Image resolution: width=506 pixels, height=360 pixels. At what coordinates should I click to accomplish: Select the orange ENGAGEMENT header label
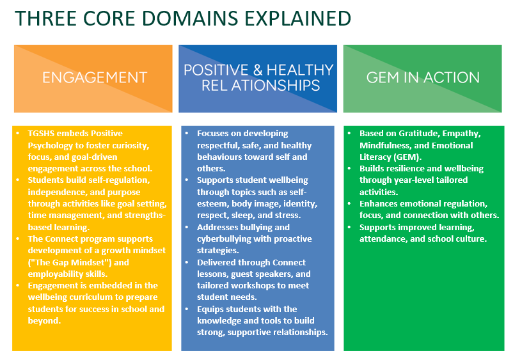[x=95, y=77]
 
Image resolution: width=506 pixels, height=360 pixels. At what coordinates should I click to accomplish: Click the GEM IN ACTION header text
[x=423, y=77]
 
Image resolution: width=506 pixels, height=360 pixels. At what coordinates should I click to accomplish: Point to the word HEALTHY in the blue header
[x=301, y=70]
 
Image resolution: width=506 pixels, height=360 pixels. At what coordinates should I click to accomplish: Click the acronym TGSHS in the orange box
[x=42, y=134]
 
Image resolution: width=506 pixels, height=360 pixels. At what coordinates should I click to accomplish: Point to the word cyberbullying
[x=226, y=239]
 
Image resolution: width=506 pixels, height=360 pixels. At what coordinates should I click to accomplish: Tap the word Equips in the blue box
[x=210, y=309]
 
